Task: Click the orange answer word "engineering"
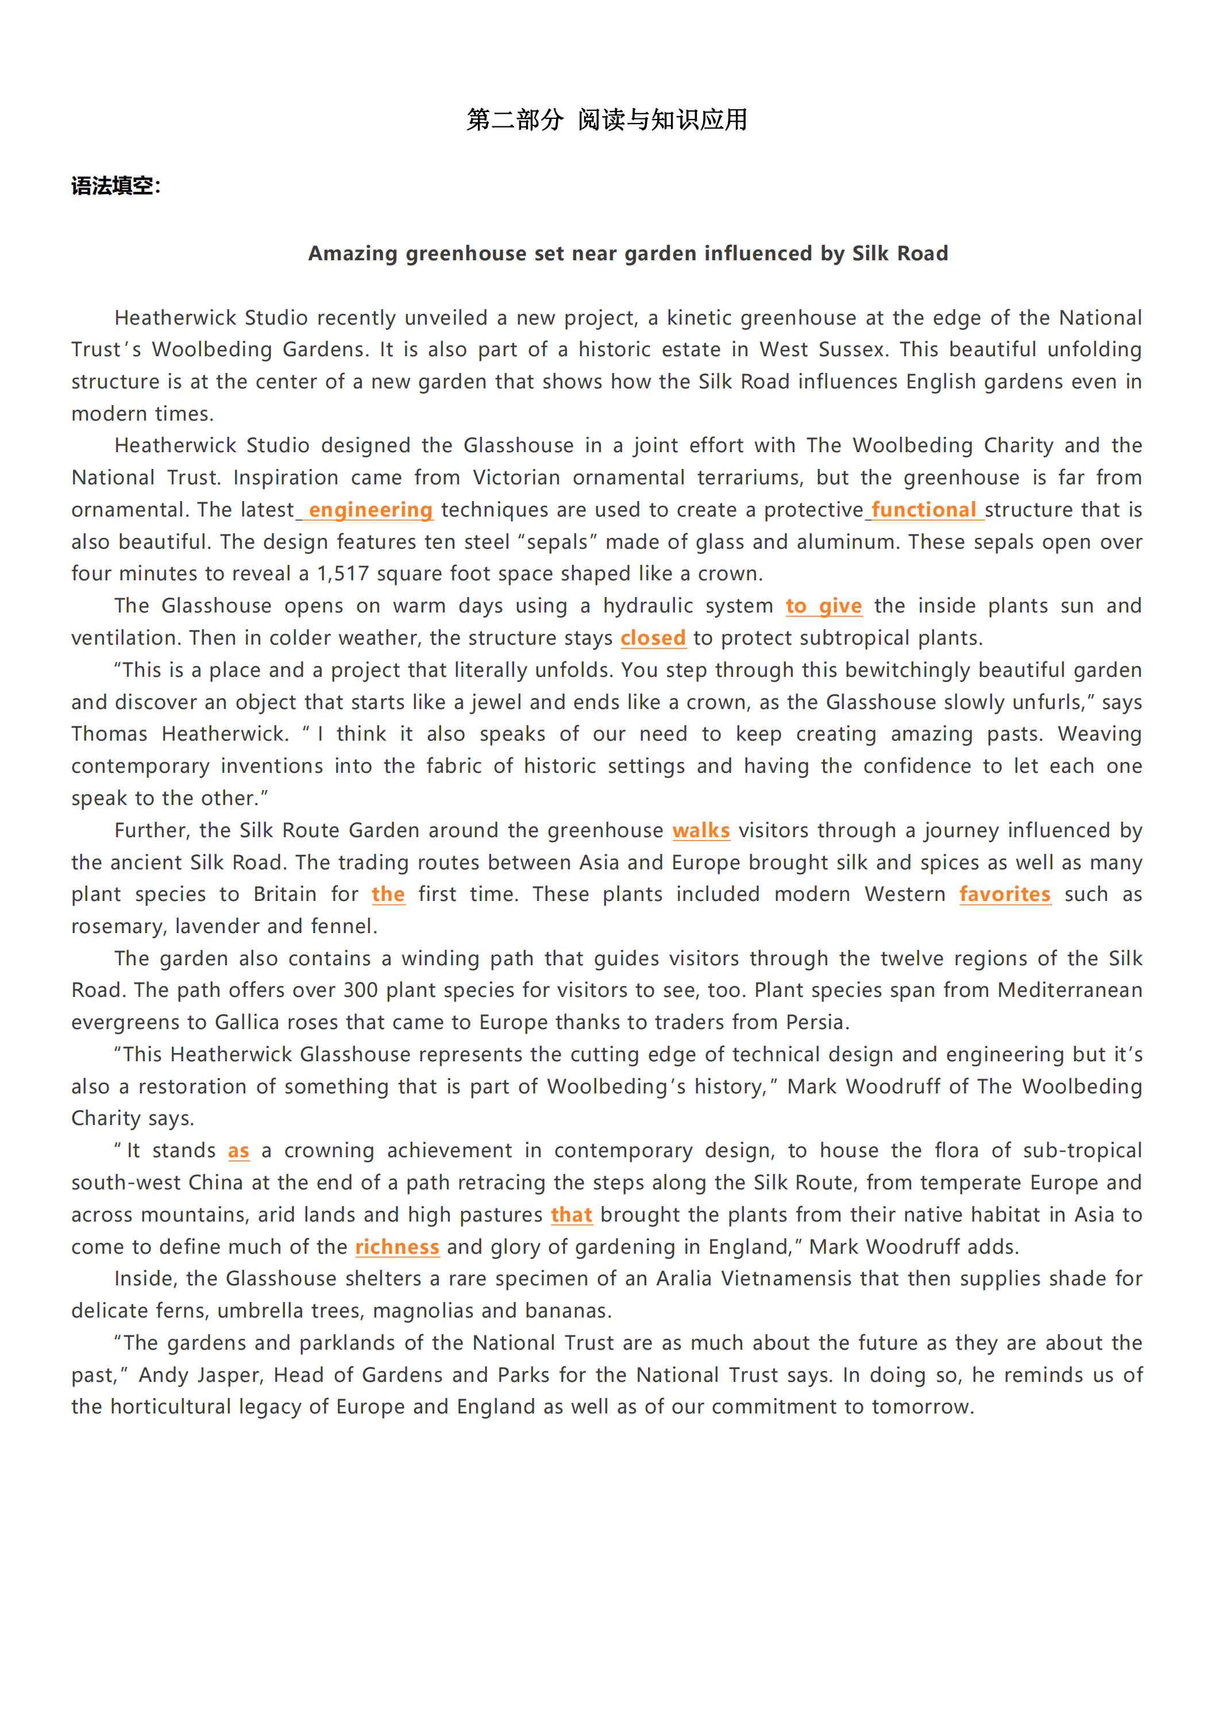[x=371, y=510]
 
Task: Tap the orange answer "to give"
[x=823, y=606]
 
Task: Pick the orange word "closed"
[x=653, y=638]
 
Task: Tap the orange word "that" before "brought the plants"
[x=572, y=1215]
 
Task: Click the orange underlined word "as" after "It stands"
[x=238, y=1151]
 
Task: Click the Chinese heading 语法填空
[x=115, y=186]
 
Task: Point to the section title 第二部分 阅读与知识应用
[x=607, y=120]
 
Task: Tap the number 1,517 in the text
[x=342, y=574]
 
